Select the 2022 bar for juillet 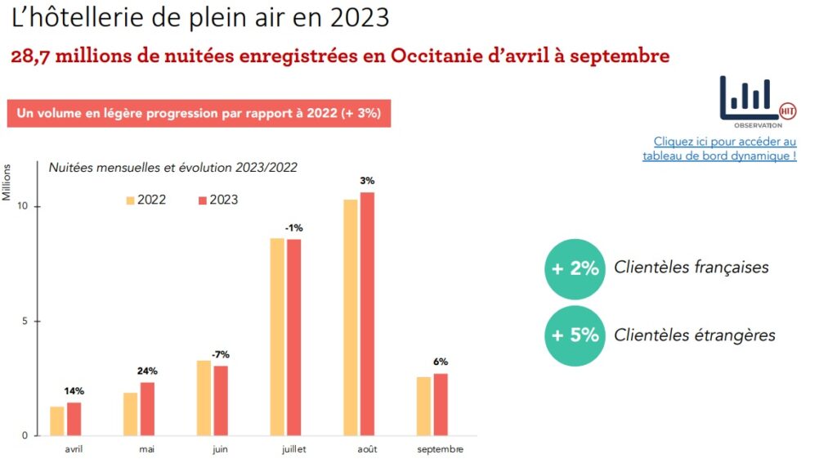point(277,336)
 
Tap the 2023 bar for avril point(74,418)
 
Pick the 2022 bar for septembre point(424,406)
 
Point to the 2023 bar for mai point(147,408)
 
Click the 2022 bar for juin point(204,398)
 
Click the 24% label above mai point(148,371)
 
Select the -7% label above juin point(220,354)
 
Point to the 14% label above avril point(74,391)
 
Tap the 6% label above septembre point(441,362)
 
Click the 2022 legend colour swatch point(130,200)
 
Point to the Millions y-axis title point(8,182)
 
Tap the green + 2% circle point(575,268)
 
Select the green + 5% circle point(575,335)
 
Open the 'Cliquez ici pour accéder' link point(725,142)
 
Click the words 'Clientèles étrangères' point(694,335)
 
